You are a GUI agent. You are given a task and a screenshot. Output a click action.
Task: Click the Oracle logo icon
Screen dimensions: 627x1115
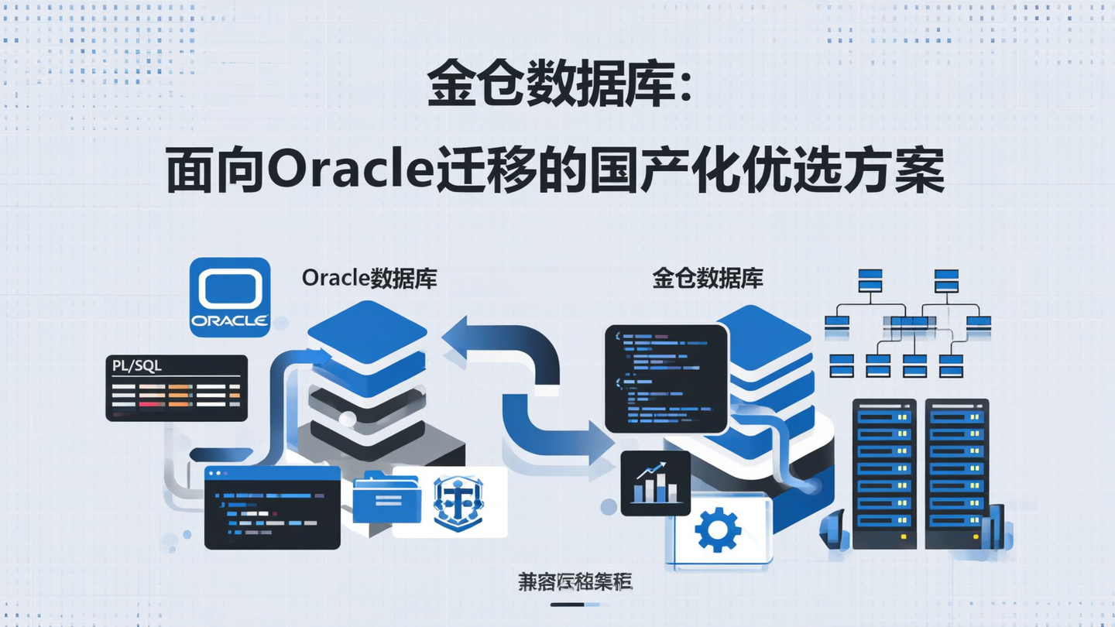point(230,297)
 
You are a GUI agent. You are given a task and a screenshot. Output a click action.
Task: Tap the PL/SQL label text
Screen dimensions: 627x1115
point(137,365)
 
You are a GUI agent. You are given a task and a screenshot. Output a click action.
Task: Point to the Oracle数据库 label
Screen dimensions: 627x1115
point(369,279)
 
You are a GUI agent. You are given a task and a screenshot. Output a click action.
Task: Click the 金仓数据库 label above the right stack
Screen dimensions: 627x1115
point(708,279)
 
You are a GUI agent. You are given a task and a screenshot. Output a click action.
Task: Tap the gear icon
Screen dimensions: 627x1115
point(718,529)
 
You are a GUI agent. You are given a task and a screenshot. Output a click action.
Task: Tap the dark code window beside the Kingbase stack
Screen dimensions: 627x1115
point(666,379)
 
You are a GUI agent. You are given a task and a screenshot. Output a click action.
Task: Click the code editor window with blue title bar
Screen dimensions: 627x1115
point(272,507)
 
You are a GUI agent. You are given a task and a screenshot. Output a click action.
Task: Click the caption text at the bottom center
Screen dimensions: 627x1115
point(575,583)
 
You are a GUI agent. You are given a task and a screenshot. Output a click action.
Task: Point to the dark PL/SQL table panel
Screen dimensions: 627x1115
point(177,389)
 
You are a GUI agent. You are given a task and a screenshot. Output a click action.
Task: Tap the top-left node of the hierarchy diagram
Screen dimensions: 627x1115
point(870,279)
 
